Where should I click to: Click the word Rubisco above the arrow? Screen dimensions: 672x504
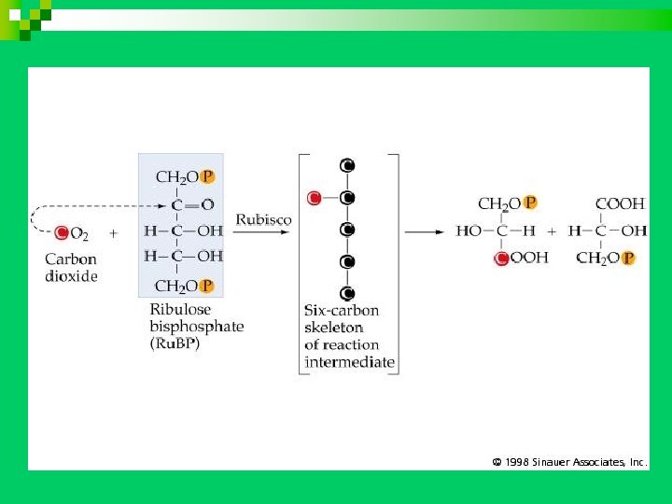pos(263,220)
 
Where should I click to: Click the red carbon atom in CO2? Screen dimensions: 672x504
pos(62,232)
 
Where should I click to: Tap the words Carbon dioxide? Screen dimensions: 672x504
pos(71,268)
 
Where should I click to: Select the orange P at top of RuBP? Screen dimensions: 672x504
pos(207,176)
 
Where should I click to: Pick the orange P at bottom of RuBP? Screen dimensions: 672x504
pos(207,286)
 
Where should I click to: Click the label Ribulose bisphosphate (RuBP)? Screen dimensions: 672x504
pos(197,326)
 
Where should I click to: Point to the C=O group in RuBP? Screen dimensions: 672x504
pos(192,203)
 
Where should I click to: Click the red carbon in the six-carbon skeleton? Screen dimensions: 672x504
pos(315,198)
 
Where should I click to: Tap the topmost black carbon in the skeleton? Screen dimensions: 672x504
pos(347,166)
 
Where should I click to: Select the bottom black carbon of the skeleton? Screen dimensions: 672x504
pos(347,293)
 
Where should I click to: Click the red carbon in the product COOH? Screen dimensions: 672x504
pos(502,259)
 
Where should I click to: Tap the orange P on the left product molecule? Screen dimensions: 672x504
pos(530,203)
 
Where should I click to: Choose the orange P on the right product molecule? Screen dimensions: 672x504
pos(627,259)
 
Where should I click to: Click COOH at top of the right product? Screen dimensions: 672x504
pos(620,203)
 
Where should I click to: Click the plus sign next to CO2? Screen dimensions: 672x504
pos(114,232)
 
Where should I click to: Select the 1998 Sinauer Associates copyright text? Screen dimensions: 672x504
pos(569,461)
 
